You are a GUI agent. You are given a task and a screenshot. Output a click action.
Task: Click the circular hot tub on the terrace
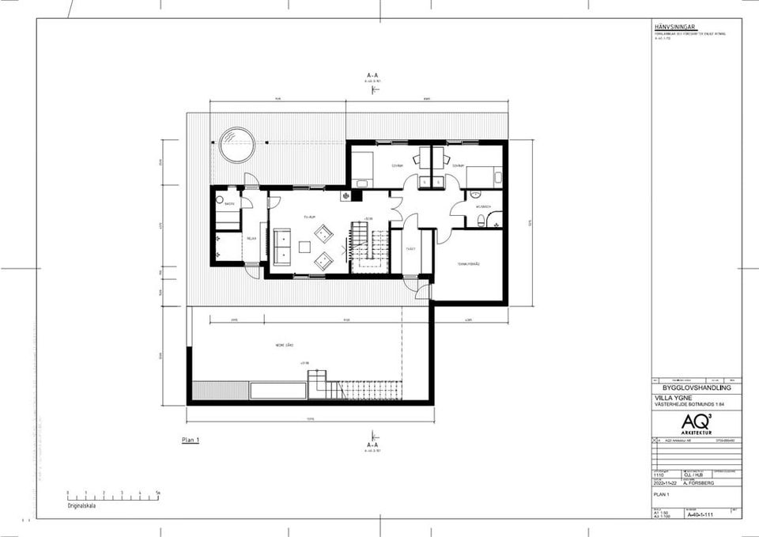pyautogui.click(x=236, y=146)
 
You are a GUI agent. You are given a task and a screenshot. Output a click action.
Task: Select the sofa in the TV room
pyautogui.click(x=281, y=246)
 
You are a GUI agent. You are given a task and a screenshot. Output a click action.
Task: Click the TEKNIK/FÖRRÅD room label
pyautogui.click(x=470, y=263)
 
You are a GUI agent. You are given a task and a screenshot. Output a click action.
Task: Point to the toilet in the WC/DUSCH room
pyautogui.click(x=474, y=193)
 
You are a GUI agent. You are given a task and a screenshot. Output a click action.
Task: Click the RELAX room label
pyautogui.click(x=251, y=238)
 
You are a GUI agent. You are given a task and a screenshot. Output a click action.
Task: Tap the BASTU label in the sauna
pyautogui.click(x=228, y=205)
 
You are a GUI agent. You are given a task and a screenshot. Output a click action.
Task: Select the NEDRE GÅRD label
pyautogui.click(x=285, y=345)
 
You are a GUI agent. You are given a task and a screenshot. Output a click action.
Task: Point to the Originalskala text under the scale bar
pyautogui.click(x=81, y=505)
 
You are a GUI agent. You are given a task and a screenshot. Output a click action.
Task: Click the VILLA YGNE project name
pyautogui.click(x=670, y=398)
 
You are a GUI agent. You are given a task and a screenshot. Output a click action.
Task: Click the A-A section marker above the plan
pyautogui.click(x=372, y=76)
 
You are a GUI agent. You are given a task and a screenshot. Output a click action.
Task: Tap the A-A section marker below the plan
pyautogui.click(x=372, y=445)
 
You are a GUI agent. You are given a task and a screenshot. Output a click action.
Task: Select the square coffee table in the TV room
pyautogui.click(x=304, y=247)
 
